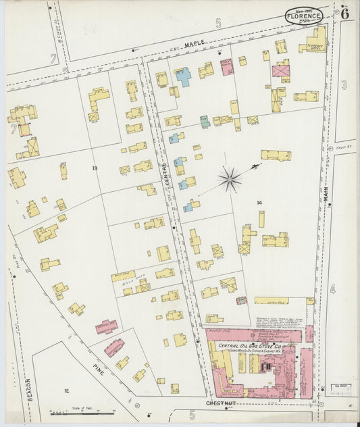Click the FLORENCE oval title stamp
pos(303,16)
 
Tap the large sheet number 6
pos(344,13)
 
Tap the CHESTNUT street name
pos(220,403)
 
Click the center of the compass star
pos(230,179)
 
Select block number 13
pos(95,168)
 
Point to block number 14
pos(259,203)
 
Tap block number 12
pos(66,391)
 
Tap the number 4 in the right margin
pos(332,289)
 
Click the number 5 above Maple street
pos(218,24)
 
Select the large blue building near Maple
pos(182,76)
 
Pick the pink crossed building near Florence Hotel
pos(280,70)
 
